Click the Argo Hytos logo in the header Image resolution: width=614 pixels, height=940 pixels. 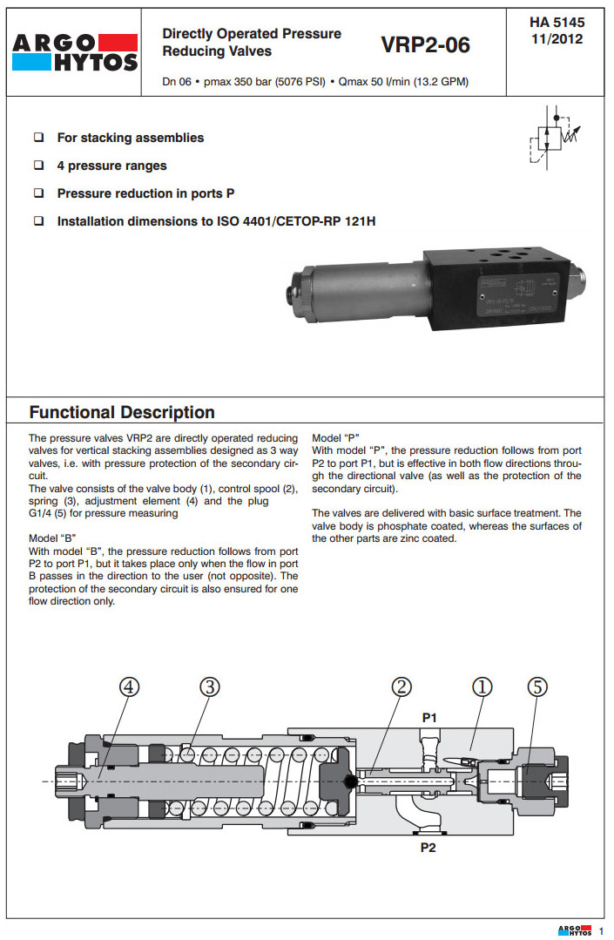coord(75,51)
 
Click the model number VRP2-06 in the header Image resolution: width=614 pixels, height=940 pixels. coord(425,45)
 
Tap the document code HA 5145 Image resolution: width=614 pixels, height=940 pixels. coord(557,23)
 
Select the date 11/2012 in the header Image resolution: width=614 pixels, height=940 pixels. coord(557,39)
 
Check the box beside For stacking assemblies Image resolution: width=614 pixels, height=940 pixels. coord(39,138)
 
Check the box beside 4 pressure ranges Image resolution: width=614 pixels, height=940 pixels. coord(39,166)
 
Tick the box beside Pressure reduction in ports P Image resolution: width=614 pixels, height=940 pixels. coord(39,193)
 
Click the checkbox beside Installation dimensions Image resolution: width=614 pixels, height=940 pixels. coord(39,221)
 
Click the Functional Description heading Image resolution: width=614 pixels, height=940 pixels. coord(122,412)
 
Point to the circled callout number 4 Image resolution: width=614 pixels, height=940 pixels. coord(129,686)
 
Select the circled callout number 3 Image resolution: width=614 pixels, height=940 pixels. coord(210,686)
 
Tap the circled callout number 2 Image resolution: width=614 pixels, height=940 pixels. coord(401,686)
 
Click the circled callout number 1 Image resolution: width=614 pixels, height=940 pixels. coord(482,686)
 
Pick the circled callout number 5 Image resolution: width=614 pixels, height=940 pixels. coord(537,686)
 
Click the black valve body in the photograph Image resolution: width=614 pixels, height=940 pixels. coord(496,292)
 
